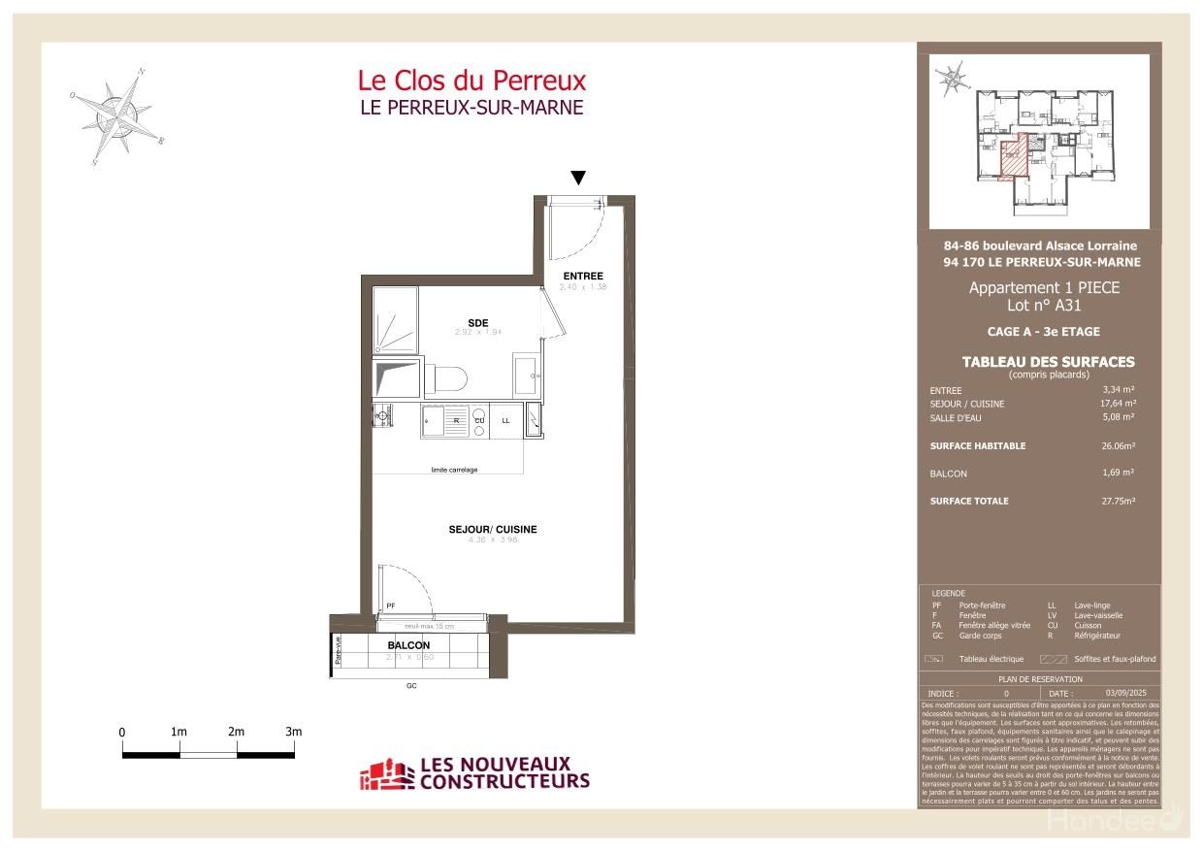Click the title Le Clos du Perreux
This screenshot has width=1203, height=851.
pos(471,80)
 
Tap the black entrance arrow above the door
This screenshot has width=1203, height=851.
pos(578,178)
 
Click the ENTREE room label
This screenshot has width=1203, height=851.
pos(583,277)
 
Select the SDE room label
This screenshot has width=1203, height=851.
pos(477,322)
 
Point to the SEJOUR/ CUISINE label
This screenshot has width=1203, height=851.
pos(493,530)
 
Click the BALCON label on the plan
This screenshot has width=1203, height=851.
pos(408,645)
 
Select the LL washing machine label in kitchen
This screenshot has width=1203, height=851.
pos(505,421)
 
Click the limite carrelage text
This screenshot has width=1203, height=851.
pos(454,471)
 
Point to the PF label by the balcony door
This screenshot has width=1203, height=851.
pos(391,606)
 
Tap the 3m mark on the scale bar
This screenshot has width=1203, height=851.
pos(294,732)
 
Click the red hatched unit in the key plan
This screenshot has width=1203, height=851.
pos(1012,158)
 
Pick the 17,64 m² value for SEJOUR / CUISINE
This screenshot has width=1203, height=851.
pos(1118,404)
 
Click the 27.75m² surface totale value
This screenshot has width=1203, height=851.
pos(1116,501)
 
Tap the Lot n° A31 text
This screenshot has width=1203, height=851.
pos(1043,306)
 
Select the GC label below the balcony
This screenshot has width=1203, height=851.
pos(410,686)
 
